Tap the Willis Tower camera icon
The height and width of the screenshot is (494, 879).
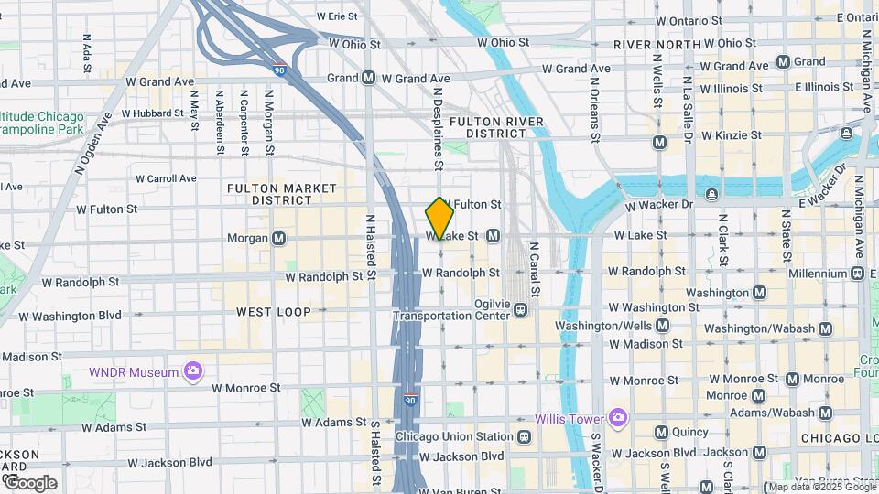pyautogui.click(x=618, y=418)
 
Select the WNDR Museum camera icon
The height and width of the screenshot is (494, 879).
pyautogui.click(x=192, y=370)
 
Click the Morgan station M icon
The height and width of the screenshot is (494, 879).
pyautogui.click(x=279, y=239)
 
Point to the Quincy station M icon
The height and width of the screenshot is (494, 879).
pyautogui.click(x=661, y=432)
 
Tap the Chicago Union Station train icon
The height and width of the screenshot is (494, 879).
pyautogui.click(x=523, y=437)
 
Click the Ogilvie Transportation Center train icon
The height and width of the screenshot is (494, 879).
pyautogui.click(x=520, y=309)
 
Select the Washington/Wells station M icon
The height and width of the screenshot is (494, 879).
pyautogui.click(x=662, y=325)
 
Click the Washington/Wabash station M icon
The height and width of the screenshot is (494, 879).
pyautogui.click(x=826, y=328)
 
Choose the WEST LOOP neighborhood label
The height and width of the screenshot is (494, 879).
pyautogui.click(x=274, y=312)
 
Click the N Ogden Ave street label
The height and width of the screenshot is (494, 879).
pyautogui.click(x=93, y=144)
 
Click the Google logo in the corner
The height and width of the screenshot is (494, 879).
pyautogui.click(x=31, y=482)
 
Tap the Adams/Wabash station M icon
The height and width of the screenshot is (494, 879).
pyautogui.click(x=827, y=413)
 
